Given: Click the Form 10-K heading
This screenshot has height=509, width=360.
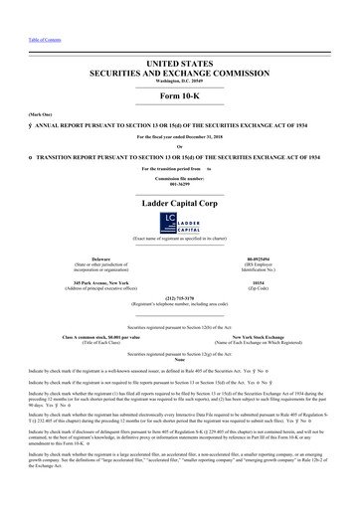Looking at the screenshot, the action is coord(179,98).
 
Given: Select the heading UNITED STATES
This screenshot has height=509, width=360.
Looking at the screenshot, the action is coord(179,64).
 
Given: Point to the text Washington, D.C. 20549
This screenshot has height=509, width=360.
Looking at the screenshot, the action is coord(179,83).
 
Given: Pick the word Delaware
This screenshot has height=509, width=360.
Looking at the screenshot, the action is coord(93,257).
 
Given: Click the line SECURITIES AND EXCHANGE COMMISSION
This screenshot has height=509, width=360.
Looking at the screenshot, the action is coord(179,74).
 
